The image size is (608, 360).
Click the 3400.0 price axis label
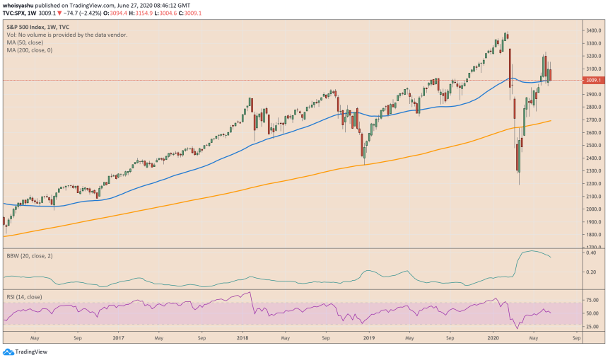coord(592,30)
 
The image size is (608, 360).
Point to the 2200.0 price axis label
coord(592,184)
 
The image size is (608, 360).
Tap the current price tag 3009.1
coord(592,81)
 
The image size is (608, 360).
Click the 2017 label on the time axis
coord(119,338)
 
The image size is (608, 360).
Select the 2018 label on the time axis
coord(242,338)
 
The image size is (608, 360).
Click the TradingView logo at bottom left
coord(21,352)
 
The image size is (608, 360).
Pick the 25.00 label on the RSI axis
coord(592,326)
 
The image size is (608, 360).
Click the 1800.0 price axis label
coord(592,235)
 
